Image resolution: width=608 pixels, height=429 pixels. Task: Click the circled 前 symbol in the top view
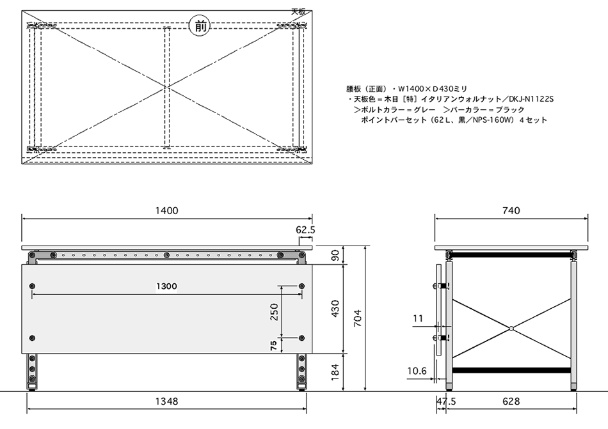tap(198, 26)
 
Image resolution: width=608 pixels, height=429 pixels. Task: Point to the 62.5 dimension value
tap(305, 229)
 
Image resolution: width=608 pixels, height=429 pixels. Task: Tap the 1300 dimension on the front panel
tap(166, 286)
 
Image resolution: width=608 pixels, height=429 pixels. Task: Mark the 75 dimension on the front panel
tap(274, 345)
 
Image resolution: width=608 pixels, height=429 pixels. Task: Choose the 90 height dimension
tap(335, 255)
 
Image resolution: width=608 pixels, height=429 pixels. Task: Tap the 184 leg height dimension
tap(335, 371)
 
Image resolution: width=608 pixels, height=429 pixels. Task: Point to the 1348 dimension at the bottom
tap(166, 402)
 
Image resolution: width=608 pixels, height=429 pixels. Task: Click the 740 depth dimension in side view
tap(511, 210)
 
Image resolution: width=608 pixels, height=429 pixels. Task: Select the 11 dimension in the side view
tap(418, 318)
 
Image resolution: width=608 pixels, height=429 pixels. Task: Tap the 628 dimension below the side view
tap(511, 402)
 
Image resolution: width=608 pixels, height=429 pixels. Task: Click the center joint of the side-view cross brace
tap(511, 329)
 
